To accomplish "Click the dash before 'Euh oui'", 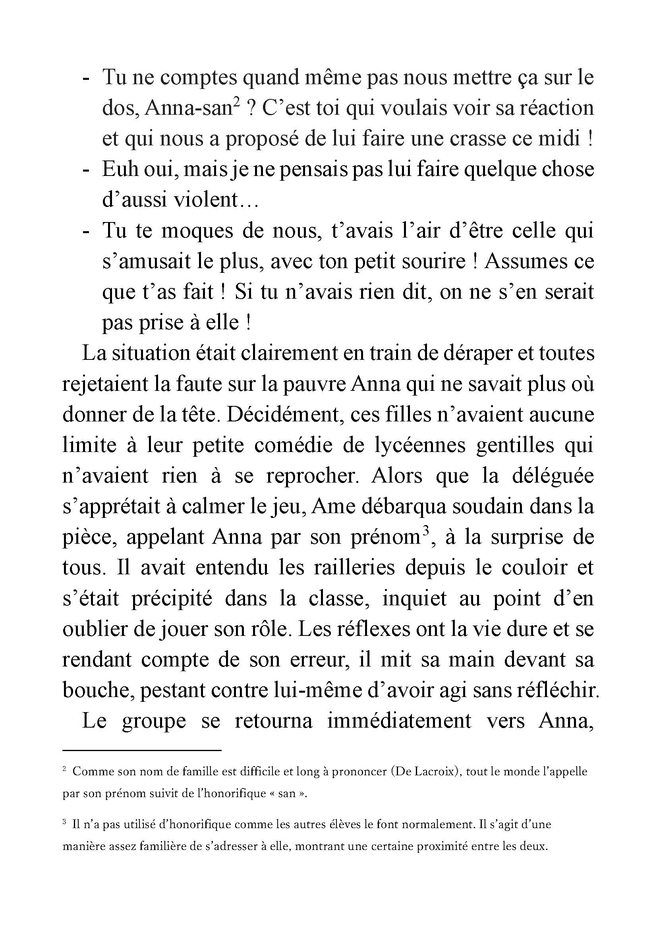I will click(x=85, y=170).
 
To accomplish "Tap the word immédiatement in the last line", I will click(x=399, y=721).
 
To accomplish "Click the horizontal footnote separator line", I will click(x=142, y=750).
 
